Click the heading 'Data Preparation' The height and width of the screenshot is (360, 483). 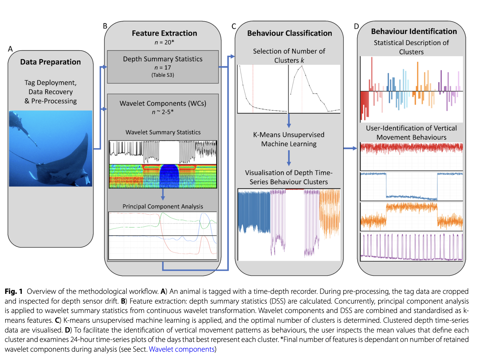click(51, 62)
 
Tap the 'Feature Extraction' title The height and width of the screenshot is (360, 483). click(164, 33)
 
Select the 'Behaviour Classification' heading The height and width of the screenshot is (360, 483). click(289, 33)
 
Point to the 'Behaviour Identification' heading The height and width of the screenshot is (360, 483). click(414, 31)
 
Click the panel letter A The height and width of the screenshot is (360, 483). click(10, 49)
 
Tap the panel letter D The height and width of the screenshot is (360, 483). click(356, 26)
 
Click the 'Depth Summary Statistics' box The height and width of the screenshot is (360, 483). click(163, 67)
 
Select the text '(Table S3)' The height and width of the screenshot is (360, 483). click(163, 75)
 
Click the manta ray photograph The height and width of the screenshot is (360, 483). click(51, 148)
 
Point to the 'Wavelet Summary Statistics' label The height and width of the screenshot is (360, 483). click(163, 132)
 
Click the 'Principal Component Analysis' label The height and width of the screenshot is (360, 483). click(163, 206)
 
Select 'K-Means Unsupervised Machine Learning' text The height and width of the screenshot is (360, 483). click(289, 139)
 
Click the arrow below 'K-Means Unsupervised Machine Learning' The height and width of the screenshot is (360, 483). click(289, 158)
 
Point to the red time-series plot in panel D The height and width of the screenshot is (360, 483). click(411, 155)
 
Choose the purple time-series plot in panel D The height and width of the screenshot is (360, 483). click(411, 247)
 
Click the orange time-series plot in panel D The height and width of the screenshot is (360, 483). click(411, 216)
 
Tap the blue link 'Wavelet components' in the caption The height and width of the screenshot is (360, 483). click(182, 349)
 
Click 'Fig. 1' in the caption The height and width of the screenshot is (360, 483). click(14, 291)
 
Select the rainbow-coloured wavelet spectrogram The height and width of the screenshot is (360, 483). click(163, 176)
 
